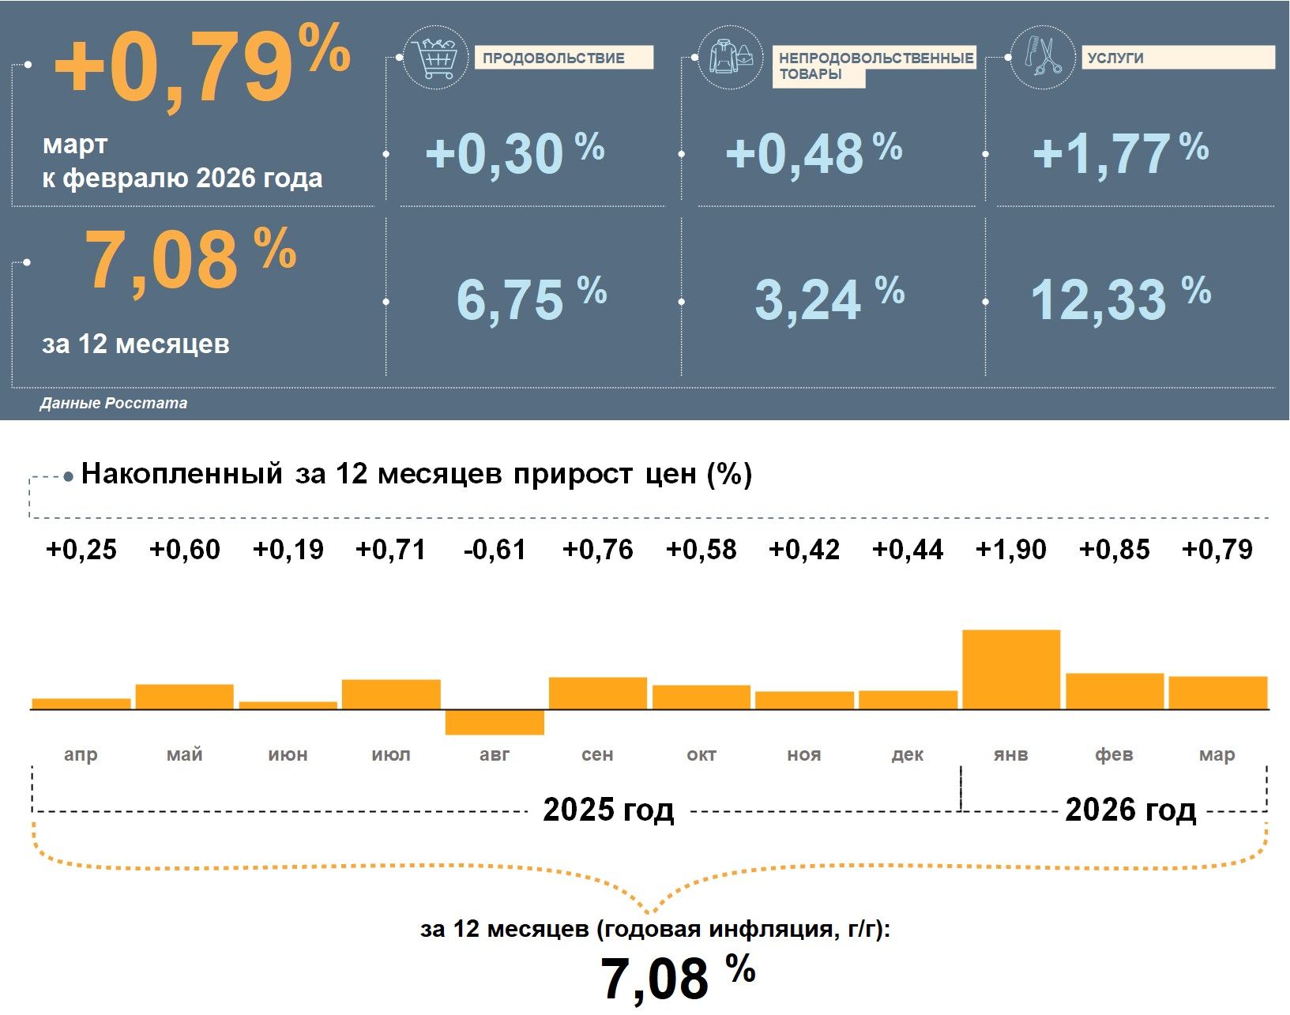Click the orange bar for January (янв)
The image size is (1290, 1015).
(x=1011, y=669)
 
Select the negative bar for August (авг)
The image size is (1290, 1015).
(x=495, y=722)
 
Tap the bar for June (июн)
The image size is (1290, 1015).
(x=288, y=705)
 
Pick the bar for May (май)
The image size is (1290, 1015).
(x=185, y=697)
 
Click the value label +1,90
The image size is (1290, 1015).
(x=1011, y=550)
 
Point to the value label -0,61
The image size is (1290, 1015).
(x=495, y=550)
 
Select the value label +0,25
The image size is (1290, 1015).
(x=81, y=550)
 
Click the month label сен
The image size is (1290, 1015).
(x=597, y=754)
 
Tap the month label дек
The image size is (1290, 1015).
(x=908, y=754)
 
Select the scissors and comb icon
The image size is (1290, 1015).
(x=1043, y=57)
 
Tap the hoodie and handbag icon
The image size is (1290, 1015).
(x=731, y=57)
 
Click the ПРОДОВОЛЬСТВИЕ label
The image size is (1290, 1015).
(x=554, y=58)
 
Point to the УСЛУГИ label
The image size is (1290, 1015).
(x=1115, y=58)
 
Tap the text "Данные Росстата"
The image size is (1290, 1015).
(x=114, y=403)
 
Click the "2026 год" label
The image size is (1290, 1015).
(x=1130, y=810)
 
